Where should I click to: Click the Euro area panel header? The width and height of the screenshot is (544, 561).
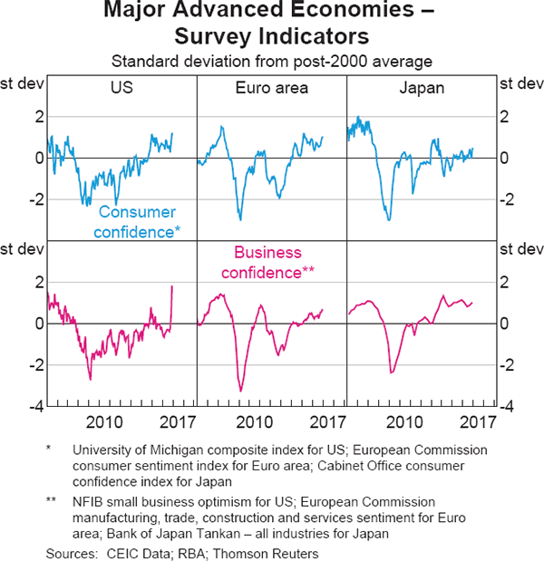click(272, 89)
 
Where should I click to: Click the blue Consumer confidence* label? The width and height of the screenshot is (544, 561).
click(139, 221)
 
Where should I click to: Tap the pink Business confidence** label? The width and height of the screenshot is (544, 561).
click(273, 263)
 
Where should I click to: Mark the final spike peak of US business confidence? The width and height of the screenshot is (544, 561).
click(172, 286)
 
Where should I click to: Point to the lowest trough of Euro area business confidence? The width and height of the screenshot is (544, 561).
click(241, 391)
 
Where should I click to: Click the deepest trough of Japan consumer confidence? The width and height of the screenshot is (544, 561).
click(389, 220)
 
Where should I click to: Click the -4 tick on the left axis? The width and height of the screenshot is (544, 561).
click(36, 407)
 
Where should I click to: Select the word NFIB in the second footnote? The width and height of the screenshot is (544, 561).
click(90, 501)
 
